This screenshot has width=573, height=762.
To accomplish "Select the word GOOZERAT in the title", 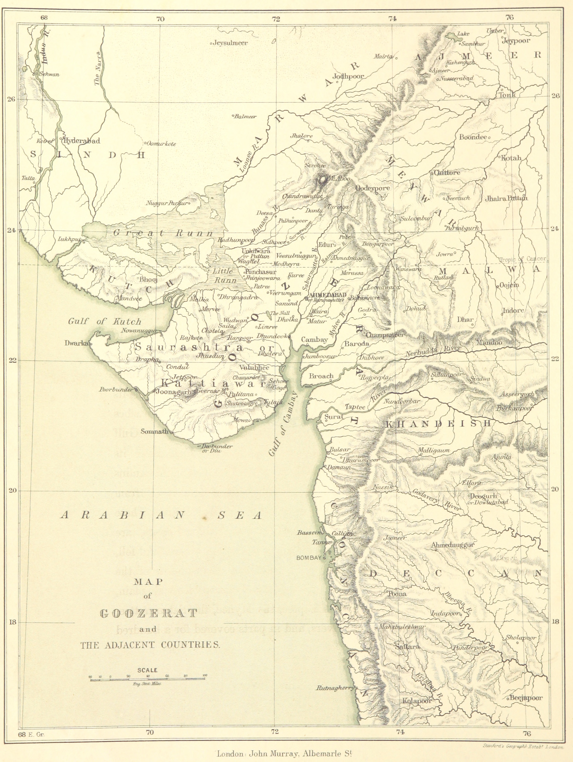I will click(x=149, y=613).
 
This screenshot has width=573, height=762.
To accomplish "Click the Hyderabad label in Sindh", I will click(x=82, y=141).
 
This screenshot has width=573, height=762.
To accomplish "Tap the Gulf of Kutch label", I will click(x=105, y=321).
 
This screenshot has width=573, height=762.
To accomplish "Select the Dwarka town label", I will click(x=76, y=343).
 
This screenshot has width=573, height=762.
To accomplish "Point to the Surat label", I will click(x=334, y=416).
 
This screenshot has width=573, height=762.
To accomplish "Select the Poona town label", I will click(x=397, y=594).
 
